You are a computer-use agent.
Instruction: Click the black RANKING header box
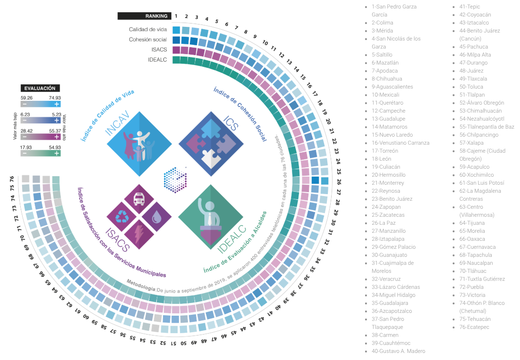coord(144,16)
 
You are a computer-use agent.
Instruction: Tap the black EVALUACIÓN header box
coord(40,88)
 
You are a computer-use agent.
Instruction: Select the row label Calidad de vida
coord(148,30)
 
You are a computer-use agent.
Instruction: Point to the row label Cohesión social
coord(148,40)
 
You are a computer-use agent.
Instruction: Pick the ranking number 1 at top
coord(176,16)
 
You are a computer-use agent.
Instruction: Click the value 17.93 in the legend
coord(27,147)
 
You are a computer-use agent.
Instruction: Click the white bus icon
coord(139,199)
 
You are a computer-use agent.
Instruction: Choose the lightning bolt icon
coord(140,234)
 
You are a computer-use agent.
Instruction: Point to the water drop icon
coord(156,216)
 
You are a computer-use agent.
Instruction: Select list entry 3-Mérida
coord(383,31)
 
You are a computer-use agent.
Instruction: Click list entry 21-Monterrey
coord(388,183)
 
